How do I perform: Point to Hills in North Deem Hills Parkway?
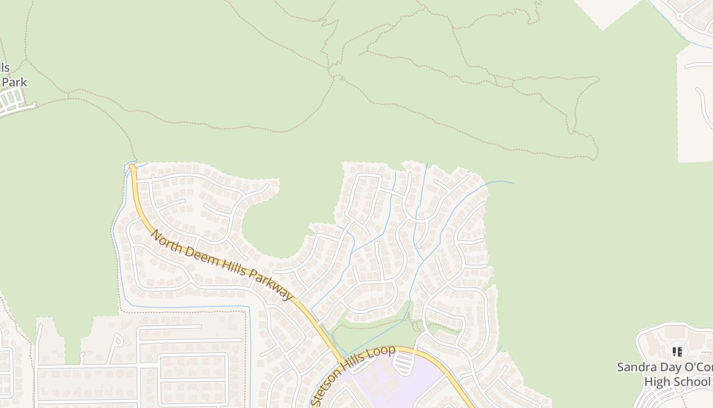pos(232,268)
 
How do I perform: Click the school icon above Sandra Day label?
pos(677,352)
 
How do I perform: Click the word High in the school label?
pos(656,381)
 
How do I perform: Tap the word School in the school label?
pos(691,381)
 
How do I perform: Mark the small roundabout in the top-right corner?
pos(679,16)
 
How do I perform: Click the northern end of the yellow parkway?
pos(132,166)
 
